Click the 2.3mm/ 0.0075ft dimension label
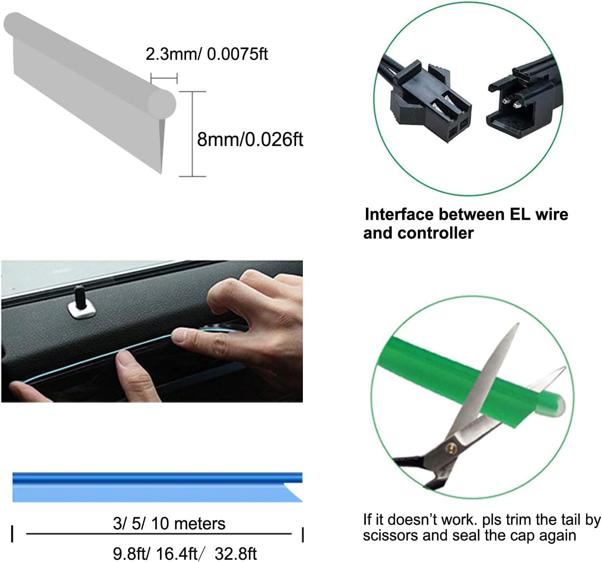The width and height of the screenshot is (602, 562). click(207, 54)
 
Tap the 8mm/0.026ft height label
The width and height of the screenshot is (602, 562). click(250, 139)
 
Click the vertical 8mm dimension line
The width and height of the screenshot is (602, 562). click(192, 134)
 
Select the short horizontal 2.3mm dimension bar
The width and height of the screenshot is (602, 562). click(164, 78)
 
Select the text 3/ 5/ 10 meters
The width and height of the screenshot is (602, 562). click(169, 523)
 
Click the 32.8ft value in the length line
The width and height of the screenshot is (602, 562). click(236, 553)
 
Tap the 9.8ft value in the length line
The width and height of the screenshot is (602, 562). click(127, 553)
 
